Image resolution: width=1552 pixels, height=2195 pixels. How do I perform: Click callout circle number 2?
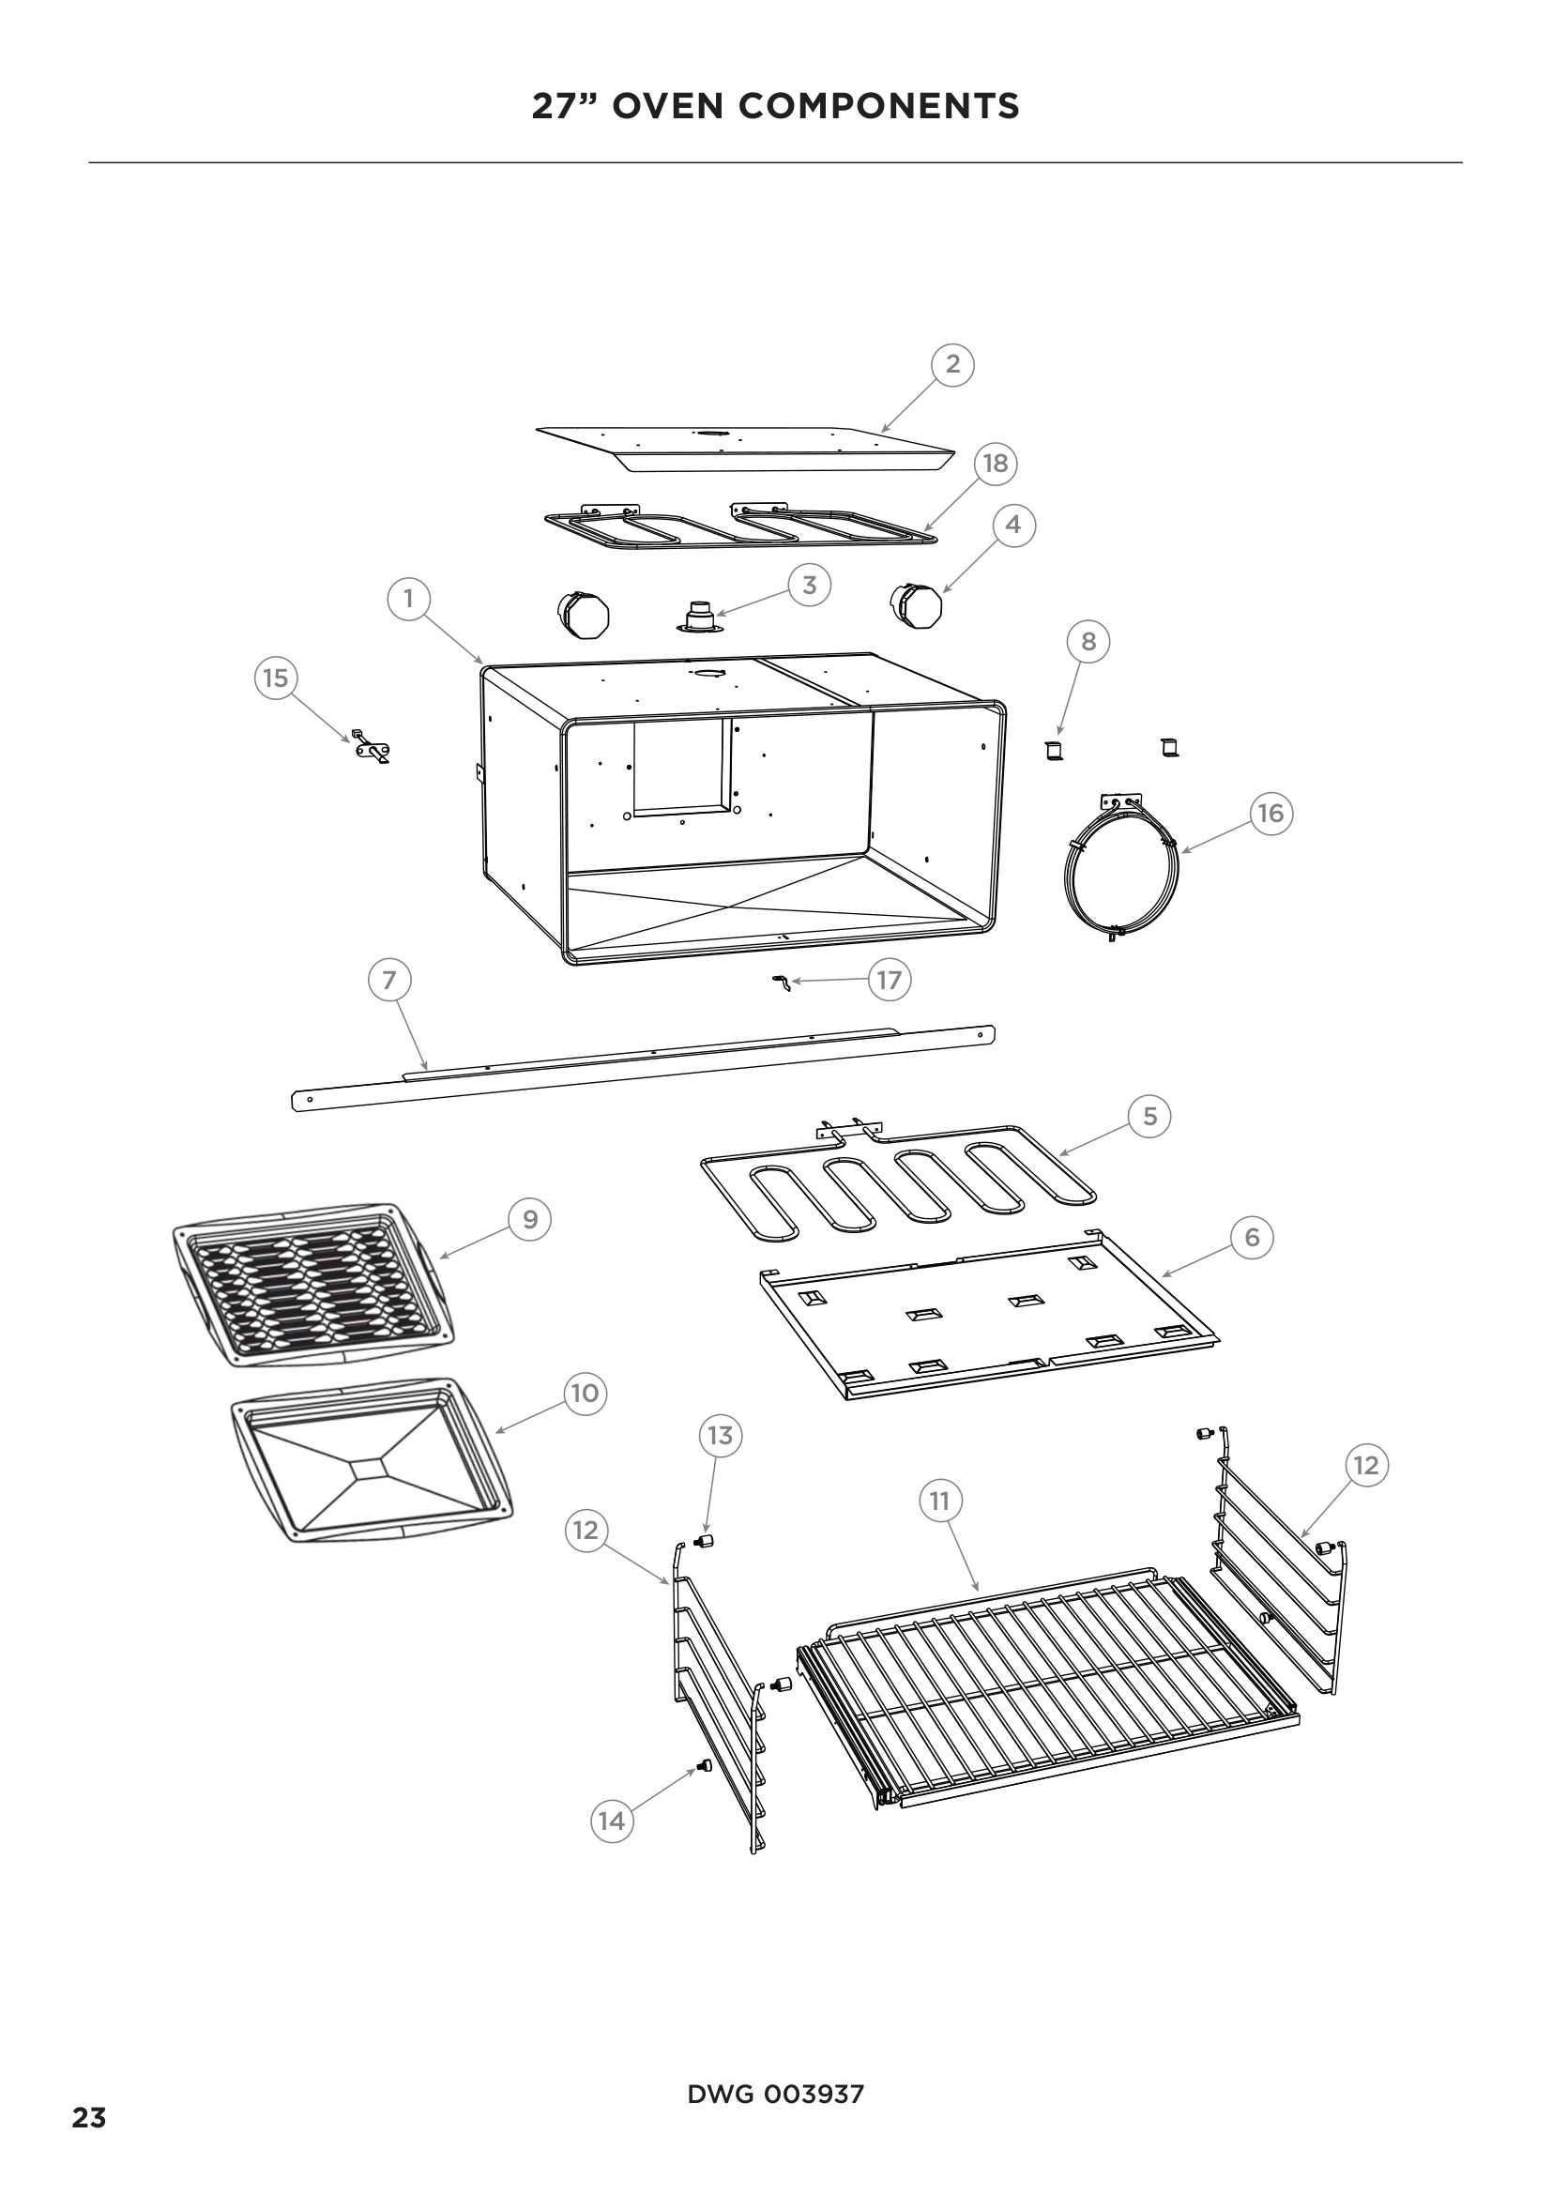click(951, 364)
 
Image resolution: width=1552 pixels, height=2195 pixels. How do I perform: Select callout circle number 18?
click(995, 464)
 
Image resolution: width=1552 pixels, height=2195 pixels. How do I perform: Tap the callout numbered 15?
click(275, 678)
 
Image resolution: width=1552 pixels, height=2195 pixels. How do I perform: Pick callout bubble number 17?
click(889, 980)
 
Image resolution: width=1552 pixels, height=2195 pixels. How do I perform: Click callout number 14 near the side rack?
click(611, 1821)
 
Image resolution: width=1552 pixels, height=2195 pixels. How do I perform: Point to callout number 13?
click(720, 1435)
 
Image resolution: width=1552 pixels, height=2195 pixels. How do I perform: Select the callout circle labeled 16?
click(1271, 813)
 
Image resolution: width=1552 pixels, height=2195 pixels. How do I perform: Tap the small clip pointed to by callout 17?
click(781, 982)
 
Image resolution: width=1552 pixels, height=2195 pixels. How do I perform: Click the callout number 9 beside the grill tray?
click(530, 1219)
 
